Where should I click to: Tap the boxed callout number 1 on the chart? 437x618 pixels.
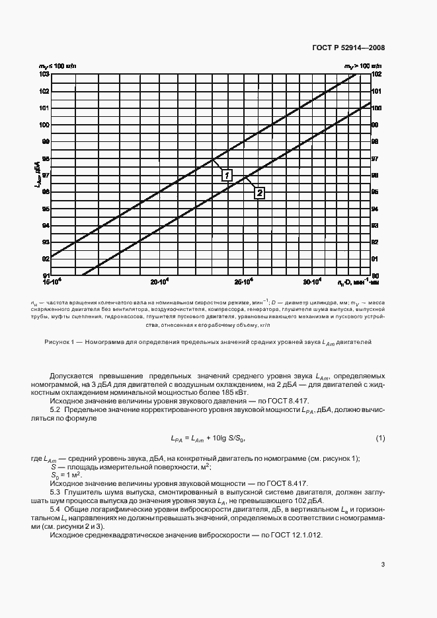pyautogui.click(x=227, y=175)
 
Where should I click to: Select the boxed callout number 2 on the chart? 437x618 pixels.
pyautogui.click(x=259, y=193)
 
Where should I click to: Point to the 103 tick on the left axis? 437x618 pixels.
pyautogui.click(x=45, y=74)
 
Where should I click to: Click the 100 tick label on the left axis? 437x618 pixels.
pyautogui.click(x=45, y=125)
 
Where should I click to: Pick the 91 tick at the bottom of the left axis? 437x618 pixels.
pyautogui.click(x=46, y=275)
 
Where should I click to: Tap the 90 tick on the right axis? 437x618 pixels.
pyautogui.click(x=375, y=275)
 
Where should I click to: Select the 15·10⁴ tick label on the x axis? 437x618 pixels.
pyautogui.click(x=52, y=283)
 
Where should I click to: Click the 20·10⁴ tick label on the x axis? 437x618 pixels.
pyautogui.click(x=160, y=283)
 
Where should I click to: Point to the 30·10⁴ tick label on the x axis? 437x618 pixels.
pyautogui.click(x=312, y=283)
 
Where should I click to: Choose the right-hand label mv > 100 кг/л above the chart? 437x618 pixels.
pyautogui.click(x=362, y=67)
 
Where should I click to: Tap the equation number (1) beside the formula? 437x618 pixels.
pyautogui.click(x=380, y=439)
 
